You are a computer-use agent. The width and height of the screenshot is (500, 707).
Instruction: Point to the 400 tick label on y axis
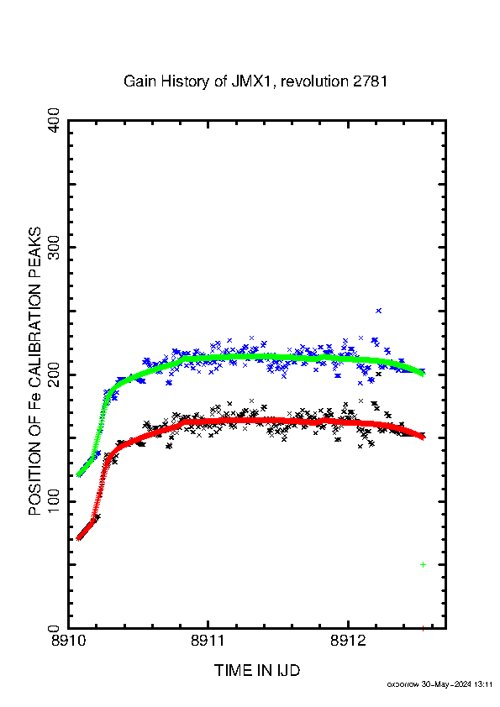(54, 120)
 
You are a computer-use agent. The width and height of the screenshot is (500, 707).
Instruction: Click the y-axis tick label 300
(54, 247)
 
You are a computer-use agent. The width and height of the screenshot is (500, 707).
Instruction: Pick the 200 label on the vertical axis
(54, 374)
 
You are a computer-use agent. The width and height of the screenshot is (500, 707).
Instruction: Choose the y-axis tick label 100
(54, 501)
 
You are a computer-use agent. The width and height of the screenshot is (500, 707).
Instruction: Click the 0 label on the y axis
(54, 628)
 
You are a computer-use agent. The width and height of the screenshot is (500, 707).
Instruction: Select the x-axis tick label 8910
(68, 641)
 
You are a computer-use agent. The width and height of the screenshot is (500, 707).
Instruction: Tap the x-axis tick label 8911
(208, 641)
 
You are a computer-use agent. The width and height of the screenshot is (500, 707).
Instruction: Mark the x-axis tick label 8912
(347, 641)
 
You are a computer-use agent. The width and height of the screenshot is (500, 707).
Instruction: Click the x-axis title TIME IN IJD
(257, 671)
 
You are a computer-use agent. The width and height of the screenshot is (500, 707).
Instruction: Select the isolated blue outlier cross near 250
(379, 311)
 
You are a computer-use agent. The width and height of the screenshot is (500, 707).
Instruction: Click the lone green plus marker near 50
(423, 564)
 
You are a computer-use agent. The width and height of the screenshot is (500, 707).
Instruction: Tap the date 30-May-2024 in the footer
(446, 684)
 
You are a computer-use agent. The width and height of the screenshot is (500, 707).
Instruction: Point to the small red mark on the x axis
(423, 628)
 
